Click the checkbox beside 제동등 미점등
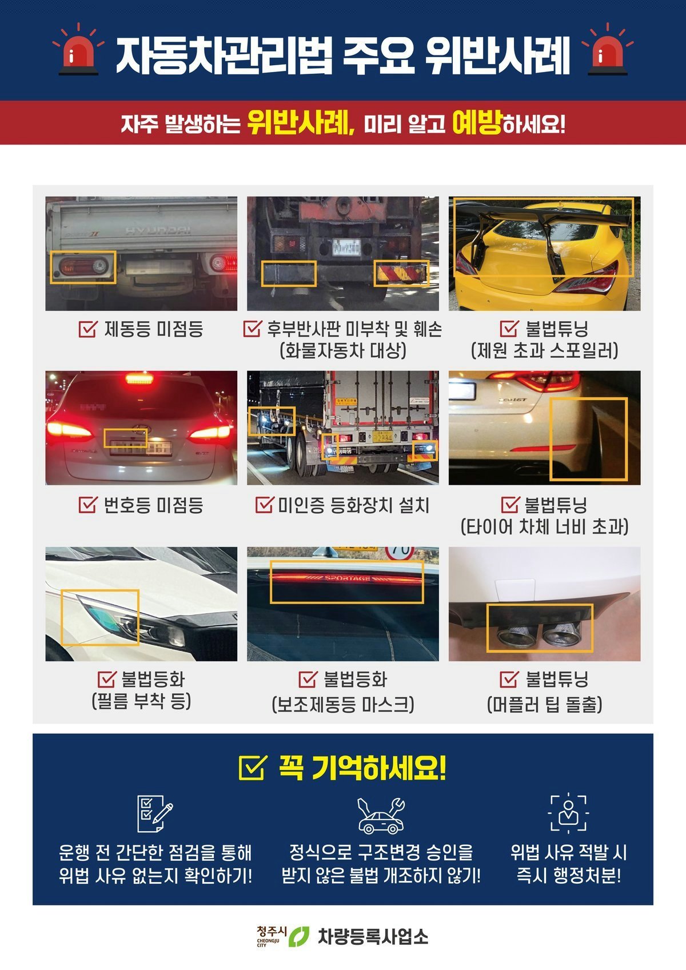click(x=88, y=329)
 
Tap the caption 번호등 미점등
click(x=153, y=505)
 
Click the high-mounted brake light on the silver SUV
click(x=139, y=379)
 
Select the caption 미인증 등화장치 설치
click(x=353, y=505)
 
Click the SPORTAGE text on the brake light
click(x=348, y=578)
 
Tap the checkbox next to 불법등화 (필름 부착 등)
click(x=107, y=679)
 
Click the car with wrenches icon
click(x=381, y=816)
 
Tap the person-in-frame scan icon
click(x=569, y=814)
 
